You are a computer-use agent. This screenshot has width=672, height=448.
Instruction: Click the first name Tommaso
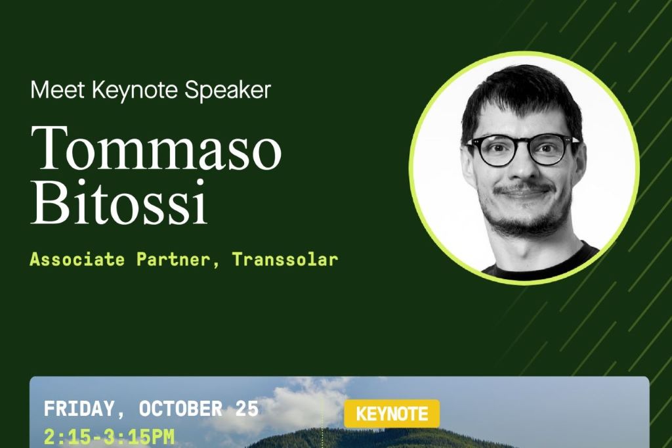pyautogui.click(x=156, y=148)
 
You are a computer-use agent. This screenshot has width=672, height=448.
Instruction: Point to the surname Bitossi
pyautogui.click(x=119, y=202)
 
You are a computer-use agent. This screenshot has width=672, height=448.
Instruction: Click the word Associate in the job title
pyautogui.click(x=77, y=259)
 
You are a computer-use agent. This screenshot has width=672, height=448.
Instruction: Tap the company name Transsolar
pyautogui.click(x=285, y=259)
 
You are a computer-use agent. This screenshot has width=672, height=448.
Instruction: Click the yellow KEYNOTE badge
pyautogui.click(x=392, y=414)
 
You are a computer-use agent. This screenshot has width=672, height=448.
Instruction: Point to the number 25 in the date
pyautogui.click(x=247, y=409)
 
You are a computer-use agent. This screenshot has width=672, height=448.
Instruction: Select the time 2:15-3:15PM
pyautogui.click(x=110, y=437)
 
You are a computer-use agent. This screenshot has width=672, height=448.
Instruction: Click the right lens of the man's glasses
pyautogui.click(x=549, y=150)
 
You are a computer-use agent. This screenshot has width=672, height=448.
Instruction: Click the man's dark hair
pyautogui.click(x=520, y=92)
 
